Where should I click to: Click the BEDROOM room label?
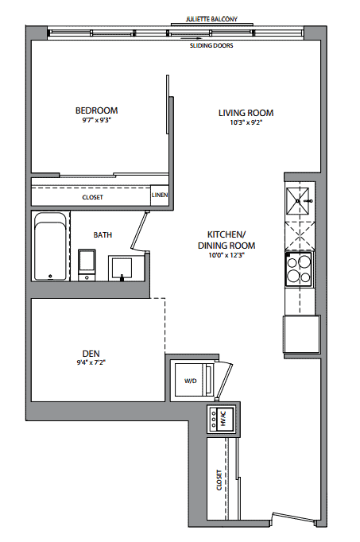click(x=96, y=110)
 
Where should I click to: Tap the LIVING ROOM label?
click(x=246, y=113)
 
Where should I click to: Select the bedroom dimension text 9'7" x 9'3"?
click(x=96, y=120)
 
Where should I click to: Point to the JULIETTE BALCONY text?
click(x=211, y=19)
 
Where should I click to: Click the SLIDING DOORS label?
click(x=211, y=45)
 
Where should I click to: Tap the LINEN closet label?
click(x=160, y=195)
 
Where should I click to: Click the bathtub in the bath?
click(x=51, y=246)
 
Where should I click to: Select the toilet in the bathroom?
click(x=87, y=265)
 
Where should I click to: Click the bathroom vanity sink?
click(x=120, y=269)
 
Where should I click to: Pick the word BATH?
click(x=103, y=235)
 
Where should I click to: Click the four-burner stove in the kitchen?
click(x=299, y=269)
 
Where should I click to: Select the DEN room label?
click(x=91, y=354)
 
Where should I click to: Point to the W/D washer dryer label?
click(x=191, y=381)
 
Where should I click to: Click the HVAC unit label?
click(x=223, y=420)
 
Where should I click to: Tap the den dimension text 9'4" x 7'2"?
click(x=91, y=362)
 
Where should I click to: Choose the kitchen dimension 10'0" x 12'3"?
click(x=226, y=255)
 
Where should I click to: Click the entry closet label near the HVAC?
click(x=219, y=480)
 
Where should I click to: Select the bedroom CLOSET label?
click(x=93, y=197)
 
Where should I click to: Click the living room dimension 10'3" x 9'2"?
click(x=246, y=122)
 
